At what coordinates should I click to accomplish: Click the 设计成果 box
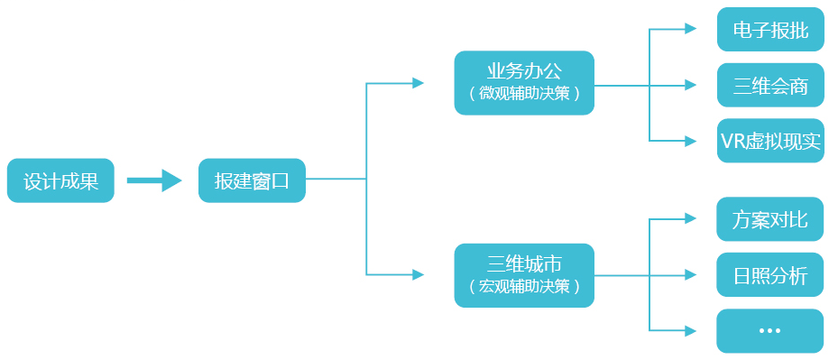(60, 180)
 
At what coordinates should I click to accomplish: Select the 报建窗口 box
(252, 180)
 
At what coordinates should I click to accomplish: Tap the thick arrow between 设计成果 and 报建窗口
(155, 180)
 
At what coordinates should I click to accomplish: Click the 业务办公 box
(524, 82)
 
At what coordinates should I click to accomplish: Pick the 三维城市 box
(524, 275)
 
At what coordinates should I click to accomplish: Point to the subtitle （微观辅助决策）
(524, 94)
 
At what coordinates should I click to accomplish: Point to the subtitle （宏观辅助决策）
(524, 287)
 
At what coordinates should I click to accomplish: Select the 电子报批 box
(770, 29)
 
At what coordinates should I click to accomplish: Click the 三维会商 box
(770, 86)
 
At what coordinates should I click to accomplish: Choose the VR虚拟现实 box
(770, 142)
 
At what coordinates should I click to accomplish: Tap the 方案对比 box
(770, 219)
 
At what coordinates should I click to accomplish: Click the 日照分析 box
(770, 275)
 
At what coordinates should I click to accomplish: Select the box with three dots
(770, 331)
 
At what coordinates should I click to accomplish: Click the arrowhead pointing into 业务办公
(419, 83)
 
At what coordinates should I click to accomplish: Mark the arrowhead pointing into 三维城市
(419, 273)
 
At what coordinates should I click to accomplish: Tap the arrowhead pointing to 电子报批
(691, 29)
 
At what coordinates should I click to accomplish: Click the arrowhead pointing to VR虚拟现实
(691, 142)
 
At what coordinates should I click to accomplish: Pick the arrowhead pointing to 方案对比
(691, 218)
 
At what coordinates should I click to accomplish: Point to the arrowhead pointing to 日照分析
(691, 274)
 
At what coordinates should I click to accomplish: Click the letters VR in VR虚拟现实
(732, 142)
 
